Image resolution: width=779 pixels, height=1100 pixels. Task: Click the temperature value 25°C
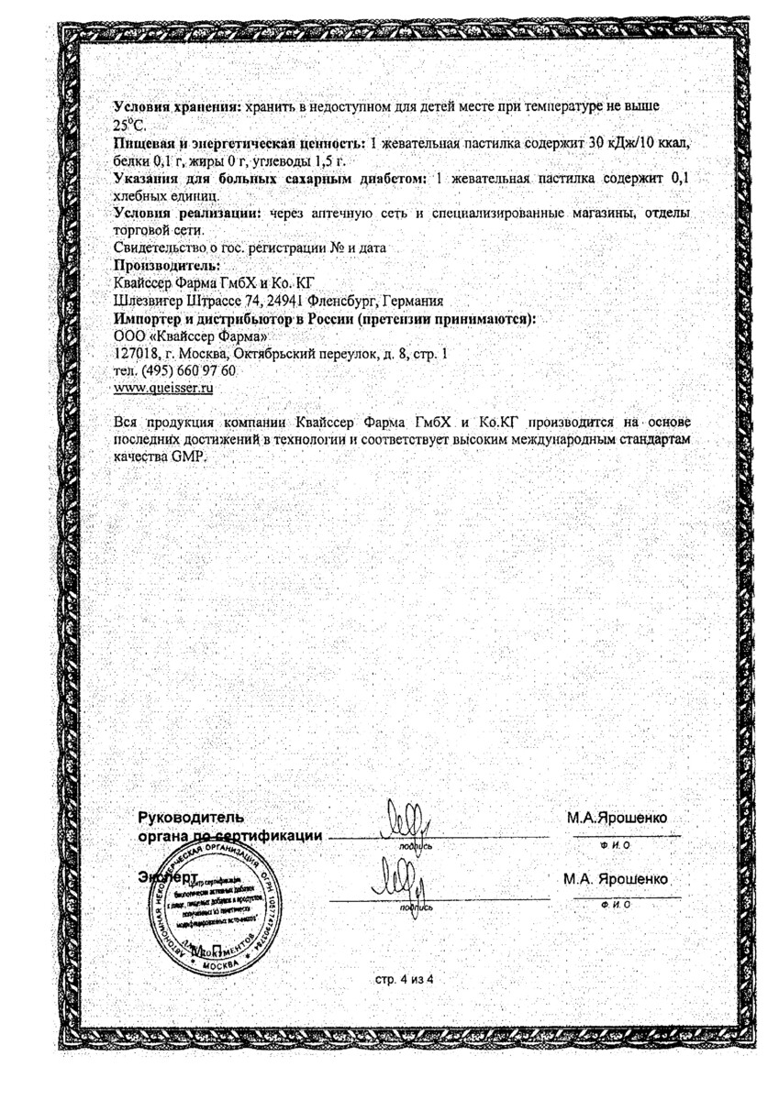pyautogui.click(x=129, y=126)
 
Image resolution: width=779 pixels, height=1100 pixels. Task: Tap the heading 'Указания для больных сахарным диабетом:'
pyautogui.click(x=270, y=179)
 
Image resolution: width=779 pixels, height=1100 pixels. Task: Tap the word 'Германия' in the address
pyautogui.click(x=413, y=301)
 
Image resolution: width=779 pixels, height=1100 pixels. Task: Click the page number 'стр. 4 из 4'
pyautogui.click(x=403, y=980)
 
